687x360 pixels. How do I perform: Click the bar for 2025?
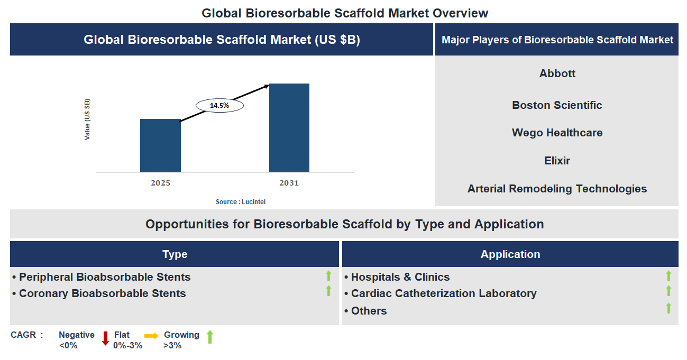coord(160,145)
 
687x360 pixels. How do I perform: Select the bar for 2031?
coord(289,127)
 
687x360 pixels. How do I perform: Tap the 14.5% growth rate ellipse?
coord(219,106)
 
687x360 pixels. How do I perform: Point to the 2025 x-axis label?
coord(160,183)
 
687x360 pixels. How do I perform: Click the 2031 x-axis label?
coord(289,183)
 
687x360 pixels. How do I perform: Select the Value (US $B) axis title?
coord(87,119)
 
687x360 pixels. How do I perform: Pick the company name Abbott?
coord(557,73)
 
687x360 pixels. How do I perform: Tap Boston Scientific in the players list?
coord(557,105)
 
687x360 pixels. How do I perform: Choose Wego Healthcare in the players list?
coord(557,133)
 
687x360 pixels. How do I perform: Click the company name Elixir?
coord(557,161)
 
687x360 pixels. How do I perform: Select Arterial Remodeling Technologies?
coord(557,189)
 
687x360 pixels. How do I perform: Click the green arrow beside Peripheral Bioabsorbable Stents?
coord(328,275)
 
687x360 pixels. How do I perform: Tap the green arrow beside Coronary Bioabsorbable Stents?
coord(328,291)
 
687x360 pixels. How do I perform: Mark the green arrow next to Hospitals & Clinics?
coord(668,275)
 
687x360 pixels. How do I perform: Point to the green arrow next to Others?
coord(668,308)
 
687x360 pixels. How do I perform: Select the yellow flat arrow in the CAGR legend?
coord(151,336)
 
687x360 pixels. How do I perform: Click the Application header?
coord(510,254)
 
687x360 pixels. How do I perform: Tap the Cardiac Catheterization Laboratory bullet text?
coord(444,293)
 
